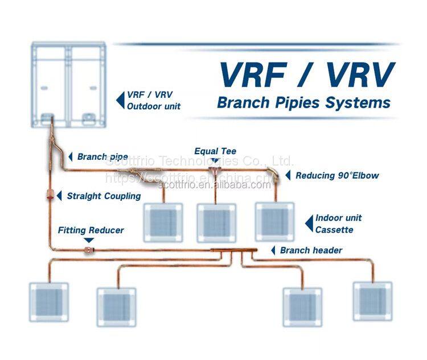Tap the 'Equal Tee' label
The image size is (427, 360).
click(215, 151)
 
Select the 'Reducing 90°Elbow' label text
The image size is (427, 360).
click(336, 176)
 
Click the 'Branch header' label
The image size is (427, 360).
click(311, 250)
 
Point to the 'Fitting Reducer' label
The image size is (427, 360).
click(91, 230)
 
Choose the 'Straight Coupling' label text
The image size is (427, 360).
click(104, 196)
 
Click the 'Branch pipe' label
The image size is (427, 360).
click(102, 156)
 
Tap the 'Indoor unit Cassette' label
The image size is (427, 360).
click(338, 224)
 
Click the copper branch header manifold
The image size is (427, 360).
click(234, 251)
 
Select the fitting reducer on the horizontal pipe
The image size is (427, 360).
click(88, 250)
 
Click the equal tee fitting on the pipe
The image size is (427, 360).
click(215, 171)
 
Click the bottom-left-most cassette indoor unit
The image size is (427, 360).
click(48, 301)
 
